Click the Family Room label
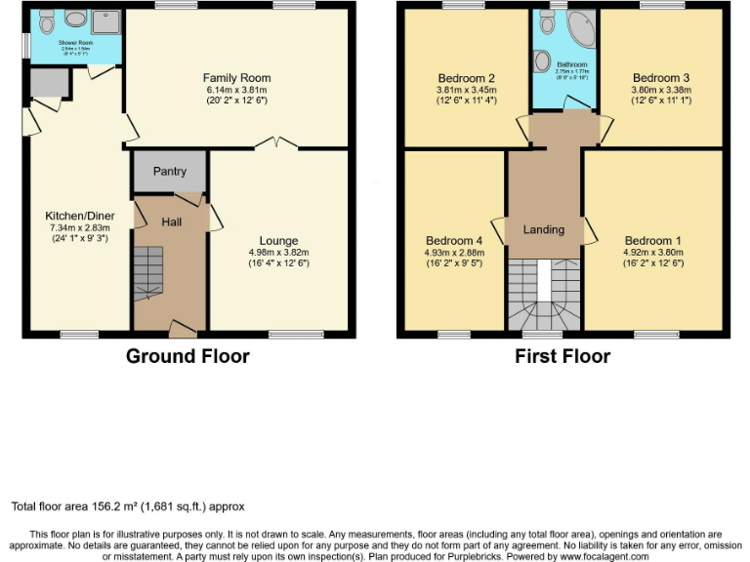pos(236,78)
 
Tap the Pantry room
pos(169,172)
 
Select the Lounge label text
pos(278,241)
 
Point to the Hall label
pos(172,222)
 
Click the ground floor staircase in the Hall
pos(148,273)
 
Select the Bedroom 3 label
pos(661,78)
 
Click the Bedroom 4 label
pos(454,241)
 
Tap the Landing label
pos(544,230)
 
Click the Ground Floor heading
pos(187,356)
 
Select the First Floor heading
pos(562,356)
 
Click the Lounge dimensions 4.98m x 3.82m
pos(278,253)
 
